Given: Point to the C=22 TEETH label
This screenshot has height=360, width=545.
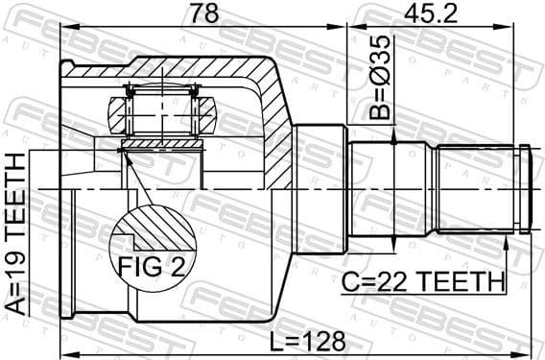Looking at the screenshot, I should [x=423, y=282].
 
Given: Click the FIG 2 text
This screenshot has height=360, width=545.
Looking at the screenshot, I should [x=151, y=261].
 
